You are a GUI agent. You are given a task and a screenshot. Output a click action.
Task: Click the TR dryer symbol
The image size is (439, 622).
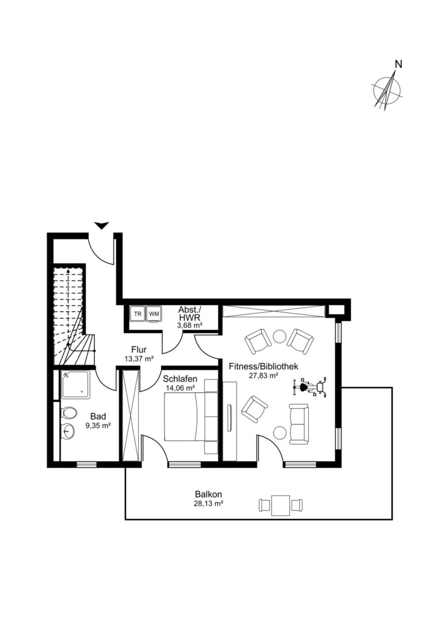click(x=138, y=313)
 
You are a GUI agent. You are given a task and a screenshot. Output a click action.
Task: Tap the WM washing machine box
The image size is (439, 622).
click(x=154, y=313)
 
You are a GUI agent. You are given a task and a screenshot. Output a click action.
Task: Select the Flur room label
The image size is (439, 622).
click(x=139, y=350)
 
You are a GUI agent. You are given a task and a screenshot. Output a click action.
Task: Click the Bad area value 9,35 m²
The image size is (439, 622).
click(x=98, y=425)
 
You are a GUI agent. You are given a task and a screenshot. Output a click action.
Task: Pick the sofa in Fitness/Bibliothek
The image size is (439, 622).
click(x=299, y=424)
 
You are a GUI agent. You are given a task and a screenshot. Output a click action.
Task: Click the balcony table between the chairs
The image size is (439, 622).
click(x=281, y=505)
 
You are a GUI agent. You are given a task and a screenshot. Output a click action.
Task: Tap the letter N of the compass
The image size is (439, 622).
click(x=399, y=64)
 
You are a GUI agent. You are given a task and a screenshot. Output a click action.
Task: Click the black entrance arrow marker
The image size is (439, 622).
click(x=102, y=225)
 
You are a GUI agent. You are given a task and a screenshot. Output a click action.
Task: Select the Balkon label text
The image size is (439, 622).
click(x=208, y=495)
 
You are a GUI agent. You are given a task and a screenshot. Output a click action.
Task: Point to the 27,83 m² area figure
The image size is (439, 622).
click(x=264, y=376)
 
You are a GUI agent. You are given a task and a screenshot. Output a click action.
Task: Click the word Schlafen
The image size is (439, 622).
click(x=180, y=379)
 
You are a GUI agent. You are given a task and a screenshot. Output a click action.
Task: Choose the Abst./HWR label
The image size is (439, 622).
click(x=190, y=313)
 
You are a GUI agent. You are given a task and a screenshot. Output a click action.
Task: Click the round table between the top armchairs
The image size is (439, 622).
click(x=280, y=337)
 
